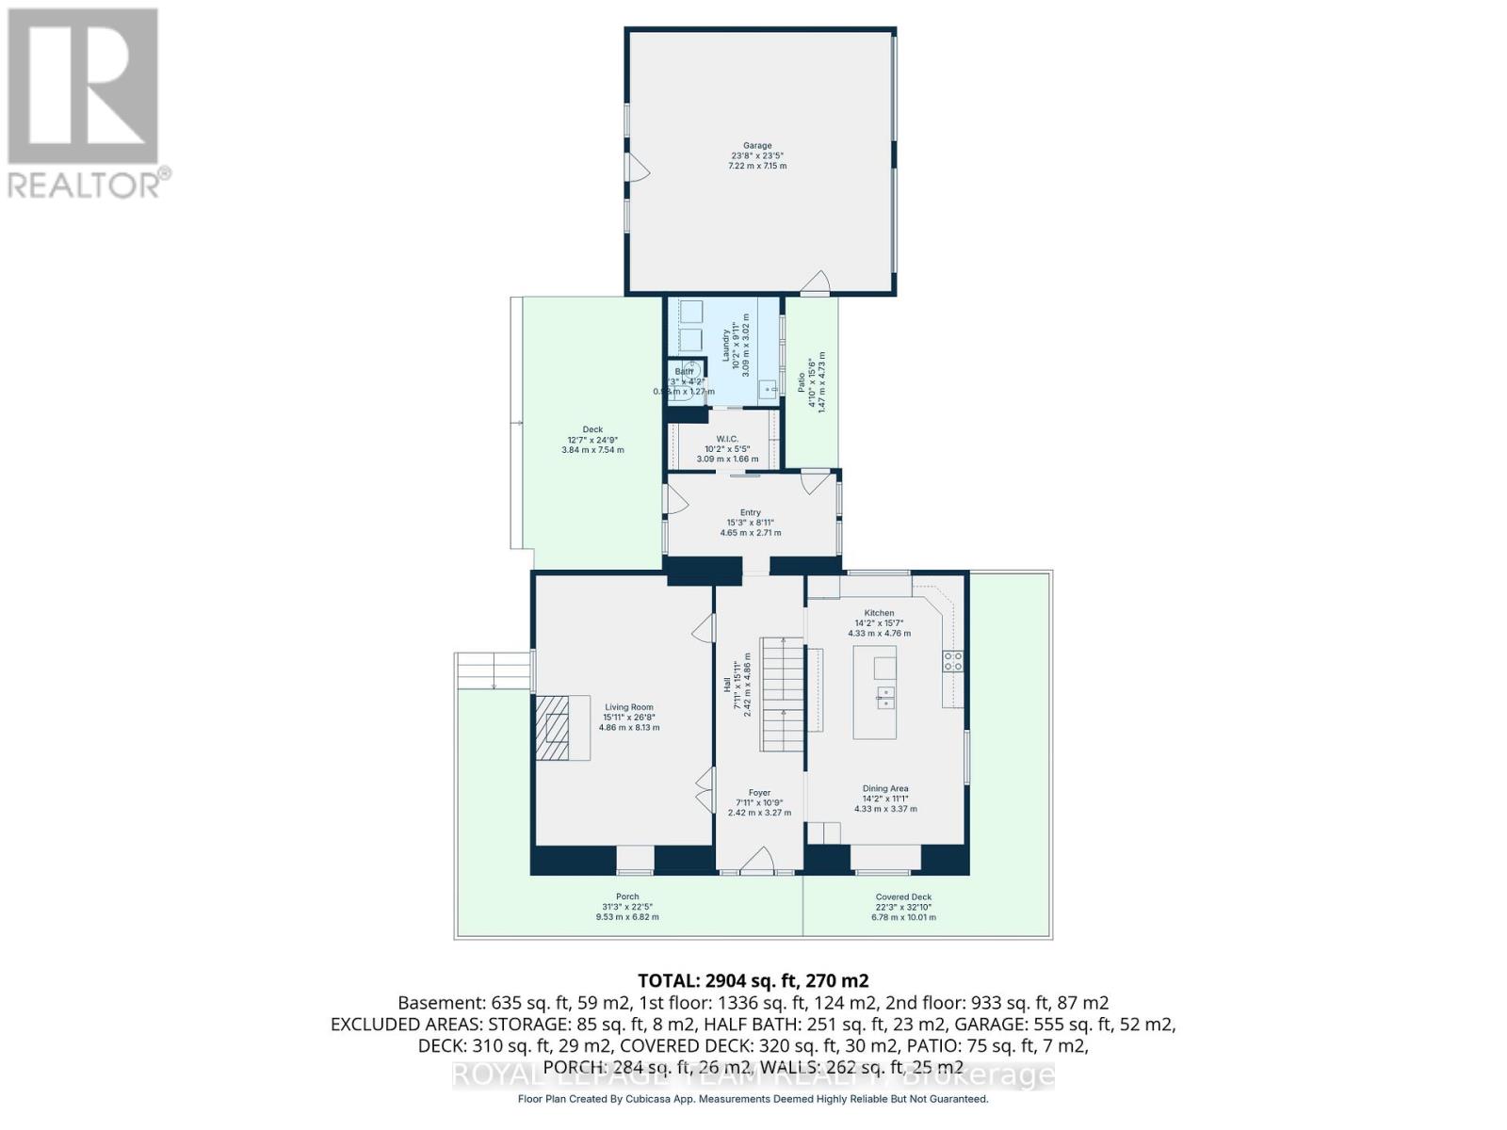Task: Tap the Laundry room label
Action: click(726, 345)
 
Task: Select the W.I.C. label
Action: click(726, 439)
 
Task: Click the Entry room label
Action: click(750, 513)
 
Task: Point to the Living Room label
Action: click(629, 707)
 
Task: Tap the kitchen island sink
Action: click(884, 697)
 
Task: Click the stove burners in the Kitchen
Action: click(953, 661)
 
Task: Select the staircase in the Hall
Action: click(783, 695)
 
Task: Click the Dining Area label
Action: click(885, 789)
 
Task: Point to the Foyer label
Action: click(759, 793)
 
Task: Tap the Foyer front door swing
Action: click(757, 861)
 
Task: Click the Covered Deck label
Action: click(904, 897)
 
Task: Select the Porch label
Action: click(627, 897)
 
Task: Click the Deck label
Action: click(592, 429)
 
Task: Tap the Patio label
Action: click(802, 383)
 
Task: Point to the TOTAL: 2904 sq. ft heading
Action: click(753, 980)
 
